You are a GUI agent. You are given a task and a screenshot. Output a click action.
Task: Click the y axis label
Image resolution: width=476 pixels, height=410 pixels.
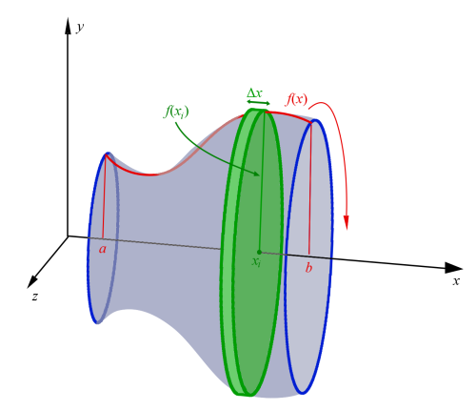tap(80, 30)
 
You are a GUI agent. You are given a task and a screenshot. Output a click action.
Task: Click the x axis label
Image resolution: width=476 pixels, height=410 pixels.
tap(456, 281)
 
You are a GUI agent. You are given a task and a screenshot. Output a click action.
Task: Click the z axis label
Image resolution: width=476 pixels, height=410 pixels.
tap(34, 297)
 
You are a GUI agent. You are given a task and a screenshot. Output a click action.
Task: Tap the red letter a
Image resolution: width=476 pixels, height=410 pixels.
tap(103, 249)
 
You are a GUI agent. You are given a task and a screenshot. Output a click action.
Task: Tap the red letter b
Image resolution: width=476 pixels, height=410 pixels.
tap(308, 268)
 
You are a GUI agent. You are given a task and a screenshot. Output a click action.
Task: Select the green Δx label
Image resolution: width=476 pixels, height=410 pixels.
tap(255, 93)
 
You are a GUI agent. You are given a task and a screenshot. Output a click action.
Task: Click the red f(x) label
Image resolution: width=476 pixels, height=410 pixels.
tap(296, 98)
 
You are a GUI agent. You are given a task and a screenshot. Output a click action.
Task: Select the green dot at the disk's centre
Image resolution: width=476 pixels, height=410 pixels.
tap(259, 252)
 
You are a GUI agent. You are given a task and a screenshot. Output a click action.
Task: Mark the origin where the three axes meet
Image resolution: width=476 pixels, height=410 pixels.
tap(68, 236)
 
